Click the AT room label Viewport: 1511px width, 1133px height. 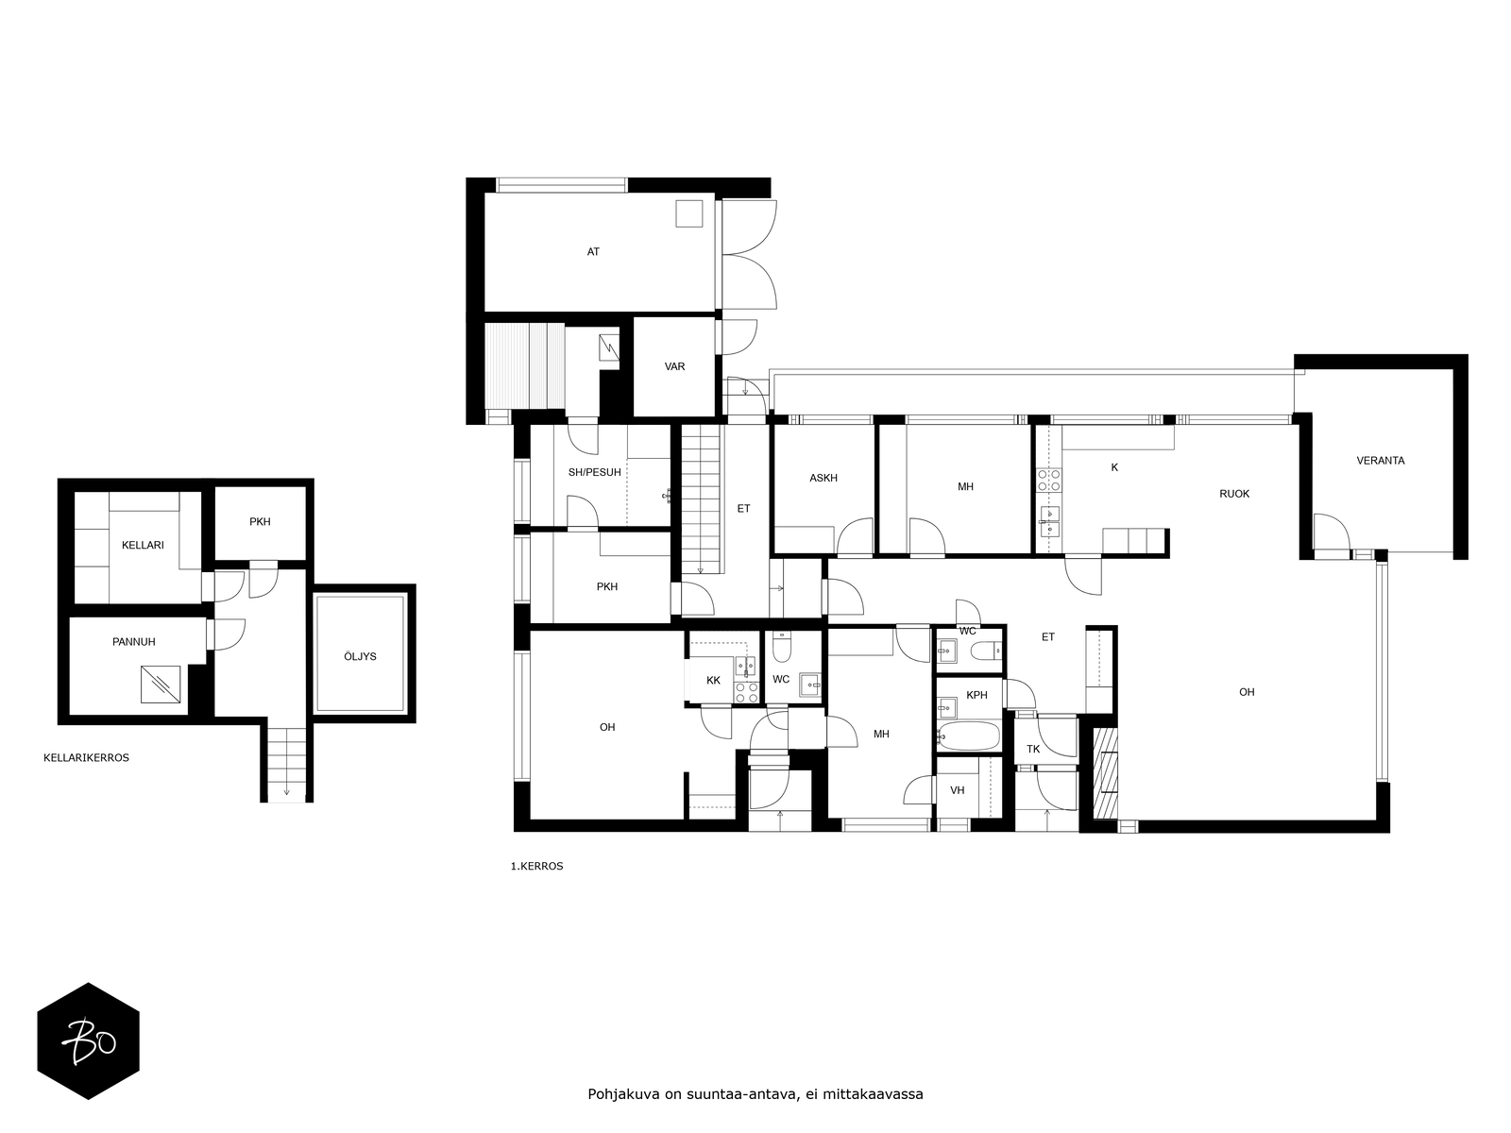(x=593, y=252)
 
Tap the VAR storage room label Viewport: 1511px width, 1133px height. (x=674, y=366)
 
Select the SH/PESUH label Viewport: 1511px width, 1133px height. (x=595, y=473)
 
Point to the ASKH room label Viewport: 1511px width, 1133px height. (x=823, y=478)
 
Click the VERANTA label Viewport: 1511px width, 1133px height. (x=1381, y=461)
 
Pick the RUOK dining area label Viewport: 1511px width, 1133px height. (x=1234, y=494)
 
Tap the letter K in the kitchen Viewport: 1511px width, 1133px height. (x=1114, y=467)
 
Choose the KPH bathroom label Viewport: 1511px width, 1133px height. (x=976, y=696)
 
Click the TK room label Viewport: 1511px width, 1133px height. (x=1033, y=749)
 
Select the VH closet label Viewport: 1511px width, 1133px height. (x=958, y=790)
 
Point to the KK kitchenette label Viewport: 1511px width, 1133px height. (x=713, y=681)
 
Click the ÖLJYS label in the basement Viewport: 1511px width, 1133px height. (x=360, y=656)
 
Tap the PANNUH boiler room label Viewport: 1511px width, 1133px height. (x=133, y=642)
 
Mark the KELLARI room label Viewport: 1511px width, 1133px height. (x=143, y=546)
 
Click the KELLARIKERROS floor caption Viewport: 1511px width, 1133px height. (x=86, y=758)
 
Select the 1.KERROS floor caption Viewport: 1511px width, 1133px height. (x=536, y=866)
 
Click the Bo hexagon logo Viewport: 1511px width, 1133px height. (x=88, y=1041)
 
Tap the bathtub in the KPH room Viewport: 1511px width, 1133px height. (x=969, y=736)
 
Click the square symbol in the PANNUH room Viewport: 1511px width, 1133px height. (x=161, y=685)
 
